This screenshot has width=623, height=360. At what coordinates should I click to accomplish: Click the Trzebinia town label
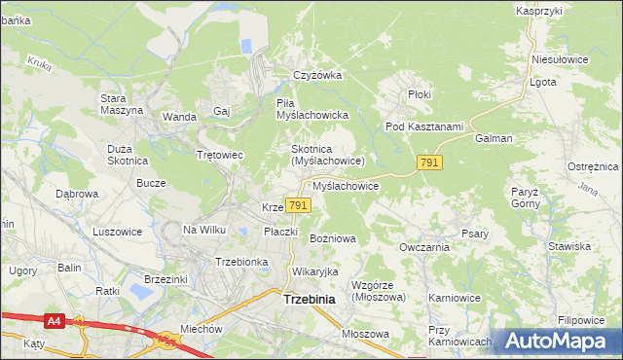pos(309,300)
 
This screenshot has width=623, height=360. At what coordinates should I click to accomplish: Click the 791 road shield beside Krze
pos(299,204)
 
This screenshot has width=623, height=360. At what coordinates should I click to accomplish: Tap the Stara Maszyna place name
pos(122,104)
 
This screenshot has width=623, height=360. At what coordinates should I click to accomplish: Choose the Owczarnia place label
pos(423,247)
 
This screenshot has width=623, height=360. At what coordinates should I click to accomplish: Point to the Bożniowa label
pos(332,237)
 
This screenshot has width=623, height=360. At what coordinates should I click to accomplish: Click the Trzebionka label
pos(241,262)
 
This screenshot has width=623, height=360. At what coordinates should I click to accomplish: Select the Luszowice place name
pos(117,232)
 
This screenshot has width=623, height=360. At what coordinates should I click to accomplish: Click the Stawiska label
pos(568,247)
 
